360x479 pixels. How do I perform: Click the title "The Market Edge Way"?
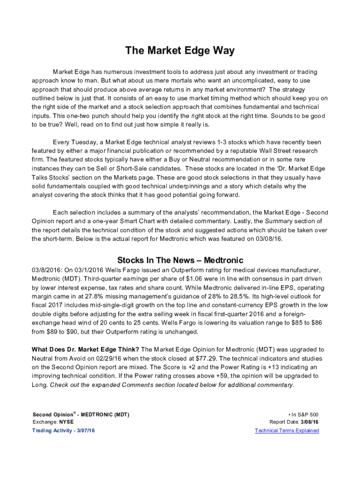tap(180, 51)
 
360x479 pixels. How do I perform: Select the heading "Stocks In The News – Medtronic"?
tap(180, 260)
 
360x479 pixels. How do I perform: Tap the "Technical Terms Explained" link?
tap(287, 430)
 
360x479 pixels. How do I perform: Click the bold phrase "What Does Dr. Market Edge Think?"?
tap(85, 349)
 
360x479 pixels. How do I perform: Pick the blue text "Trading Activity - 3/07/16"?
tap(66, 430)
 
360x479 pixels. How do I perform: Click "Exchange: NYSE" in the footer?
tap(53, 422)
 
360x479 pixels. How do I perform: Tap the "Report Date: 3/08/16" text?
tap(294, 422)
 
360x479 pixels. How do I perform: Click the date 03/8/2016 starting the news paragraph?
tap(47, 270)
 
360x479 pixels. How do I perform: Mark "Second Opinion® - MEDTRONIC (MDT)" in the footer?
tap(81, 414)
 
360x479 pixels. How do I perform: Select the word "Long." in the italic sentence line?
tap(40, 385)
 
